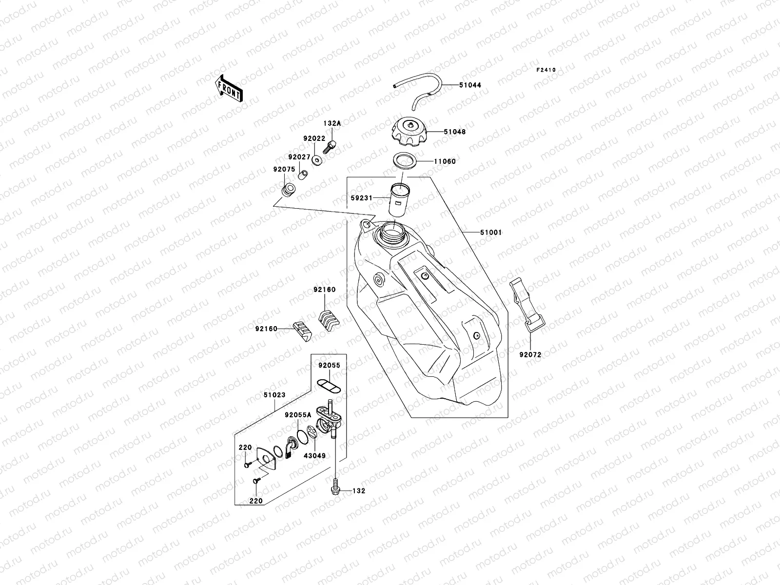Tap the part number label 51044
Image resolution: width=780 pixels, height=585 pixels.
coord(469,85)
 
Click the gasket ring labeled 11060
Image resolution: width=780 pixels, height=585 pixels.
coord(404,161)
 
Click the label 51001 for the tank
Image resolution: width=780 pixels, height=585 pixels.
coord(490,233)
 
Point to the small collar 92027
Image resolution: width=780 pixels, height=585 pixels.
coord(303,174)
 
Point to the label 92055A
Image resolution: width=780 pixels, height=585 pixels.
coord(298,415)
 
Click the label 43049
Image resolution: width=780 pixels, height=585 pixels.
coord(314,456)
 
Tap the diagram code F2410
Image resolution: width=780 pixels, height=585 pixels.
coord(546,70)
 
